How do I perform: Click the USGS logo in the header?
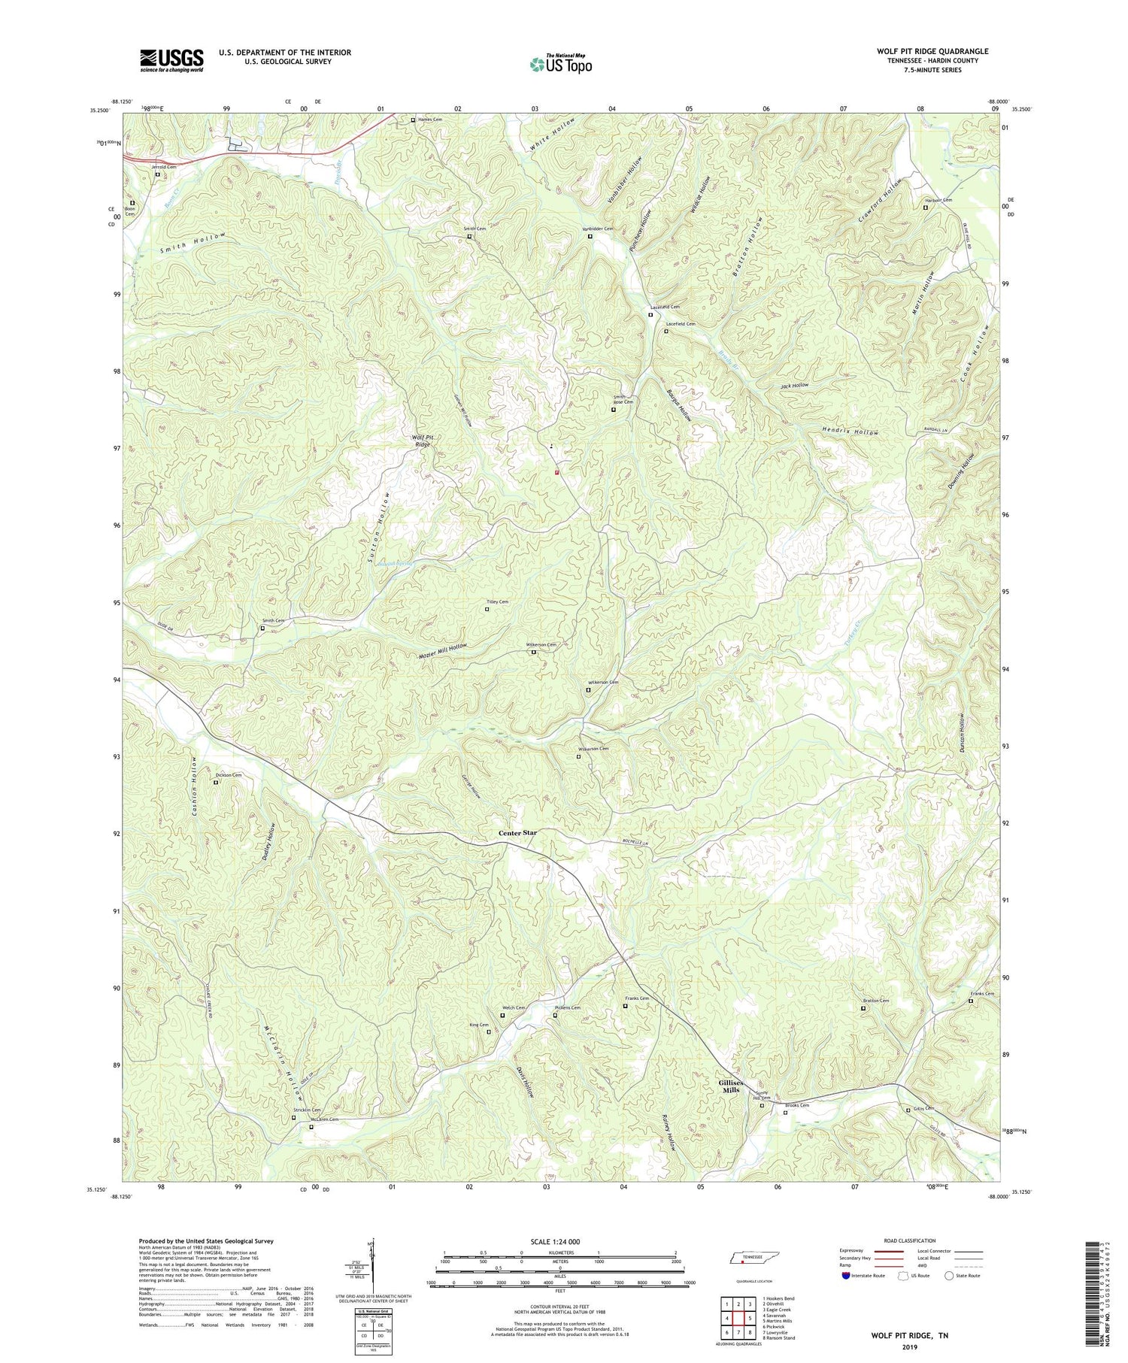click(171, 60)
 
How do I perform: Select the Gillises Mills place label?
click(725, 1086)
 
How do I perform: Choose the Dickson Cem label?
click(229, 774)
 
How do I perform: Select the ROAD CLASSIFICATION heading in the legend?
click(909, 1240)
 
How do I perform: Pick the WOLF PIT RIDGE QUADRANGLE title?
click(932, 51)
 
